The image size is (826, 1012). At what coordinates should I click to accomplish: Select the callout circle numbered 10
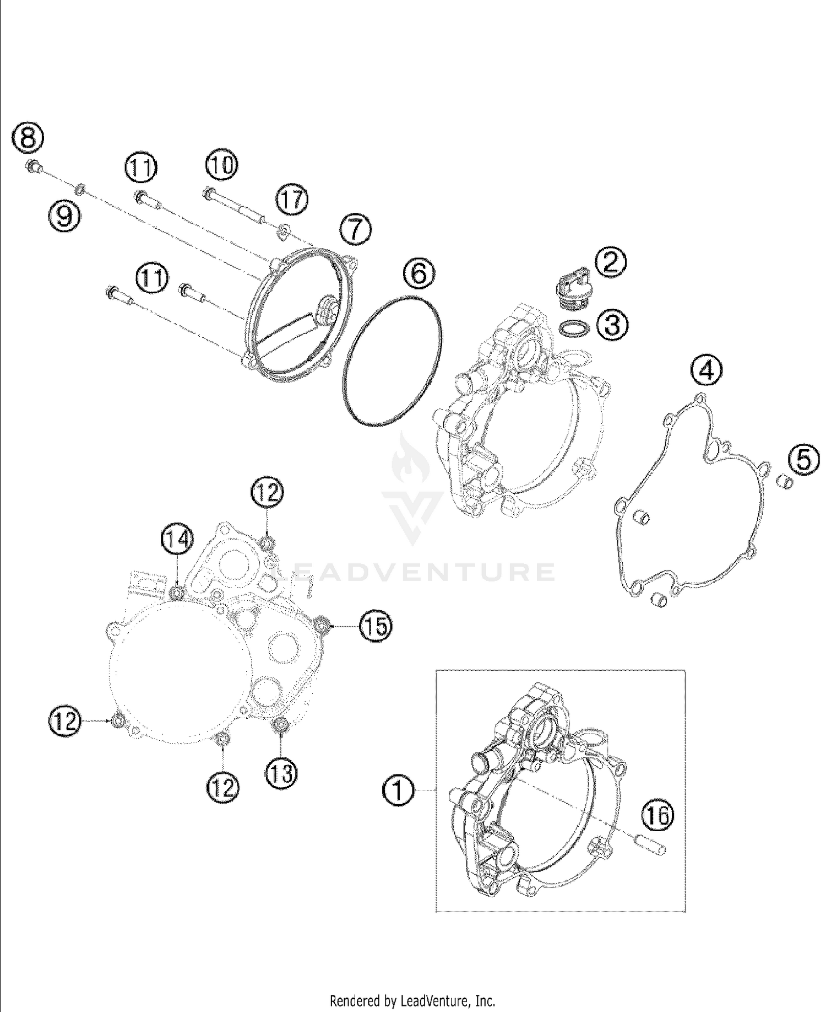(222, 165)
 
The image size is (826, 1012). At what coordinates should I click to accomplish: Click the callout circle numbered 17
(292, 199)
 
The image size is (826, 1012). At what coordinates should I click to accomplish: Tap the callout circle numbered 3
(612, 324)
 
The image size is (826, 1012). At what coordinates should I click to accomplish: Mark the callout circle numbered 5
(803, 460)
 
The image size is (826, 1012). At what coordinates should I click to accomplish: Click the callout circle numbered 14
(177, 540)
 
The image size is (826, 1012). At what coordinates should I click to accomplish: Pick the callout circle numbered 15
(376, 627)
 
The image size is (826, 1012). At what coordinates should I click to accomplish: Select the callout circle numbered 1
(398, 790)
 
